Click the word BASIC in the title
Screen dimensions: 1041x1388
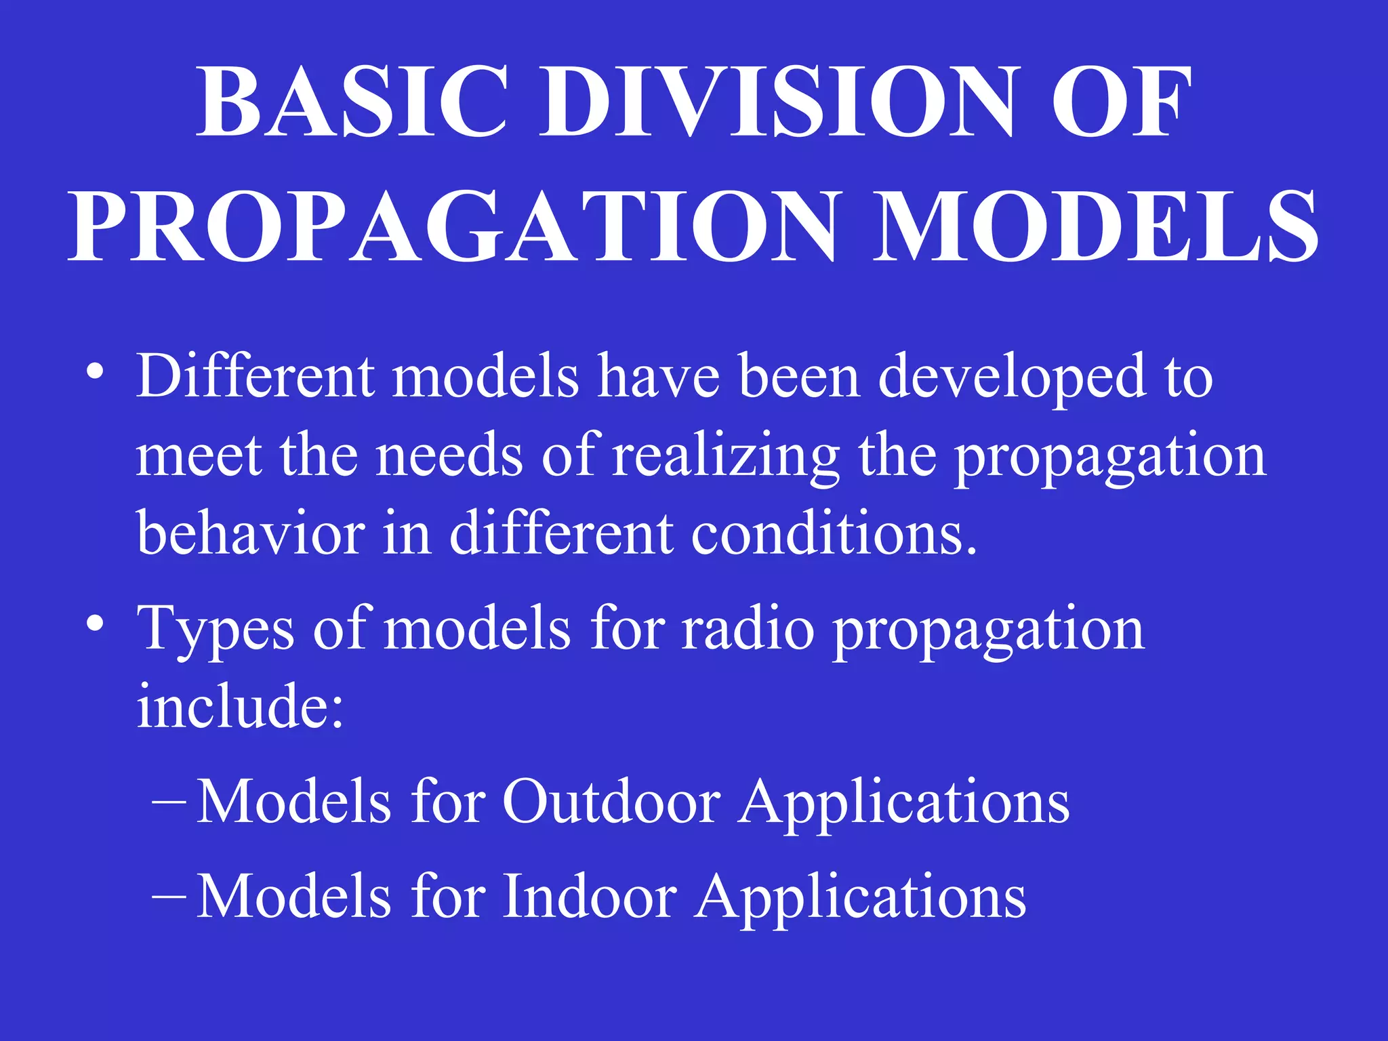coord(352,102)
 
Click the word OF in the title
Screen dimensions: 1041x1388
coord(1121,102)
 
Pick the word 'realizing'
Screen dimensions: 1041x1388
coord(725,458)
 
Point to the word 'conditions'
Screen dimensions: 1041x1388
coord(834,533)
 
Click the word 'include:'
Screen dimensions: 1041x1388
coord(241,706)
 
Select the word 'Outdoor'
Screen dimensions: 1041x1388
coord(611,802)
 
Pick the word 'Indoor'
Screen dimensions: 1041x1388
coord(590,897)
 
